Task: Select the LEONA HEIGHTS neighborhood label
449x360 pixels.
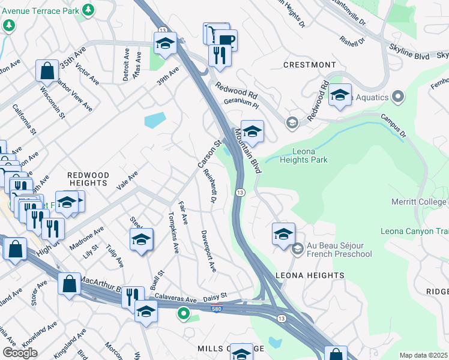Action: point(310,275)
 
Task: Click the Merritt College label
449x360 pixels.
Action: point(418,202)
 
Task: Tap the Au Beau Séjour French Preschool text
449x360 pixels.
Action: point(340,250)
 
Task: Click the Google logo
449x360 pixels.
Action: point(20,353)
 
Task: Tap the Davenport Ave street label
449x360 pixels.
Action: point(208,251)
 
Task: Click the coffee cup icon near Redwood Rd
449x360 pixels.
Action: point(226,41)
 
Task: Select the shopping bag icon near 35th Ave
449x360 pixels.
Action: point(47,70)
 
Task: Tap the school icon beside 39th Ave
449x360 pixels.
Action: point(165,43)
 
